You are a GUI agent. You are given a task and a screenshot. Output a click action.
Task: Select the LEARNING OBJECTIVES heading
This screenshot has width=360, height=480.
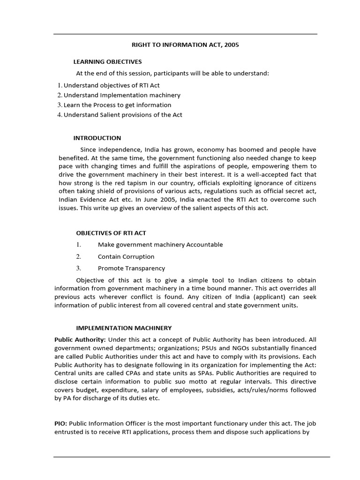coord(107,62)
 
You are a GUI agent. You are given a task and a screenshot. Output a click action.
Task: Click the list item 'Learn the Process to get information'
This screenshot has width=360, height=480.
coord(117,105)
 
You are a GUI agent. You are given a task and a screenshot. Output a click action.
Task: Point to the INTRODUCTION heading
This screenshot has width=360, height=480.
coord(97,138)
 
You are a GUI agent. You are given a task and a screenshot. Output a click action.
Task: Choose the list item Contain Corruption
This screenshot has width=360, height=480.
coord(126,257)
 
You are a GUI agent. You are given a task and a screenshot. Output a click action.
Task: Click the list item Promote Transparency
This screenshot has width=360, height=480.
coord(131,269)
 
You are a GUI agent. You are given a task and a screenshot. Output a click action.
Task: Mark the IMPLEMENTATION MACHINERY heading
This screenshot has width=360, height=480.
coord(124,328)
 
